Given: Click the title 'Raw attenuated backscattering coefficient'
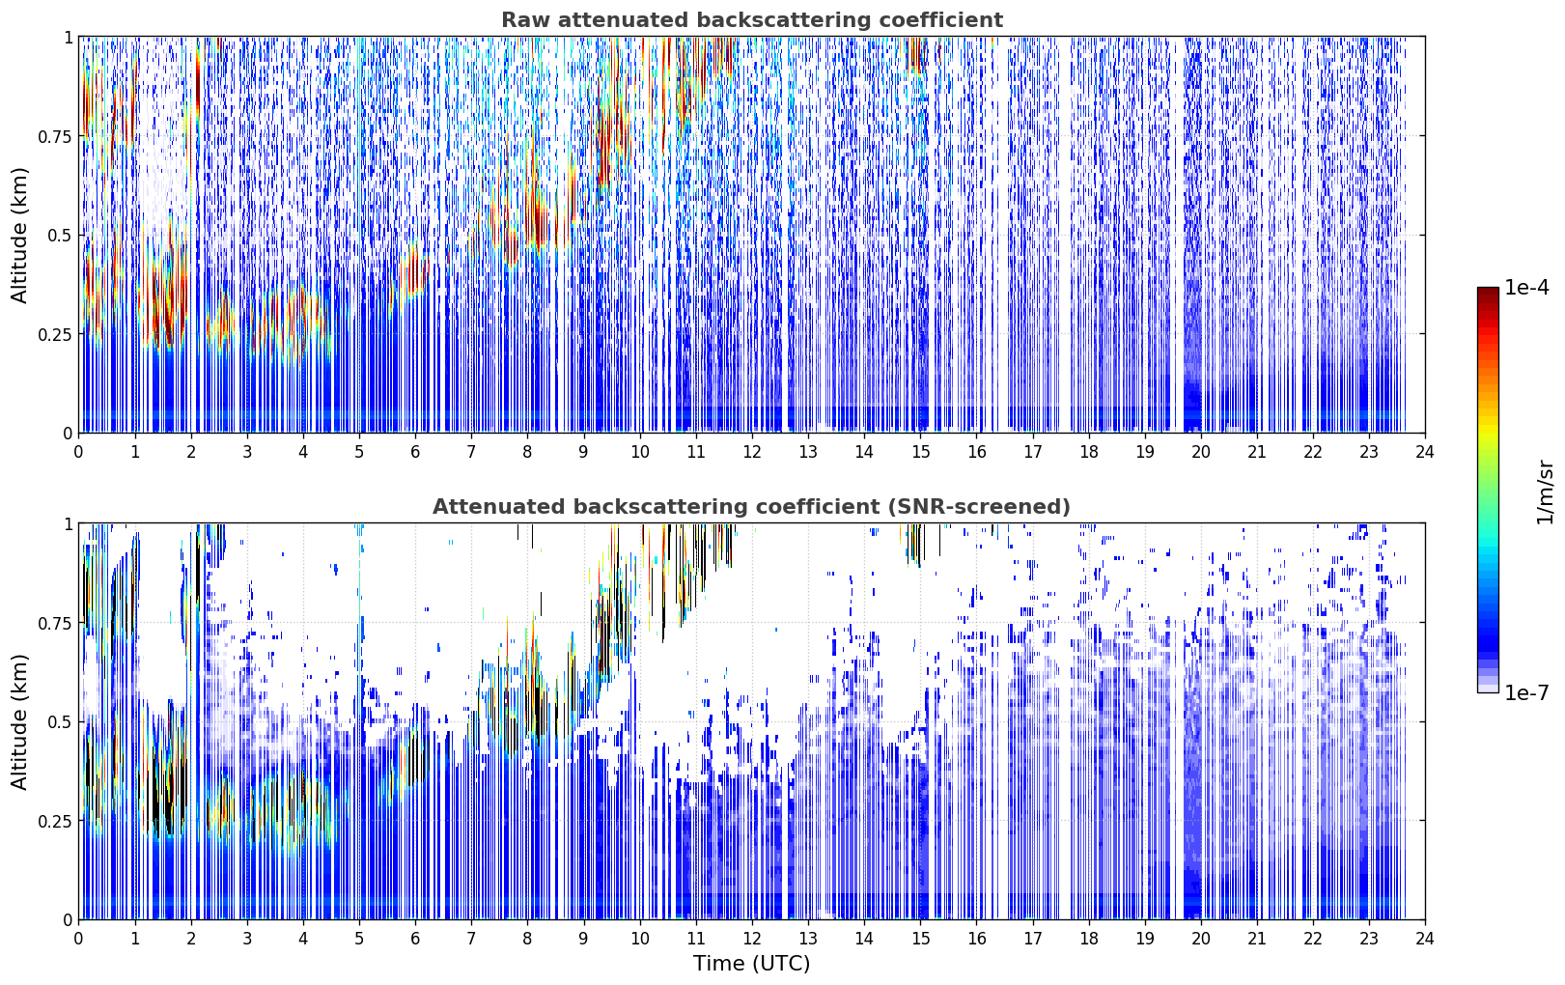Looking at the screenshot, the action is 752,19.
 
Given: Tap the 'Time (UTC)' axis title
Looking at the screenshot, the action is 752,964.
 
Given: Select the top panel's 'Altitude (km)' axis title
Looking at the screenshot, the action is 19,235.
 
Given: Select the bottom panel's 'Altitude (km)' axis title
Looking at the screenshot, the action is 19,721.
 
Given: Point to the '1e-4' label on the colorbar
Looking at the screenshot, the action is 1526,287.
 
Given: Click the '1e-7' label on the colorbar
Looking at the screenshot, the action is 1526,693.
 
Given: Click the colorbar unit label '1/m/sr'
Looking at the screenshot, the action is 1545,492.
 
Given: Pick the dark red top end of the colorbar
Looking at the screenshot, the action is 1488,291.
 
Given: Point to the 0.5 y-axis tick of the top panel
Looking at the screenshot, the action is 60,236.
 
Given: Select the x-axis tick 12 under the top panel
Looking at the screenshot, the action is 752,452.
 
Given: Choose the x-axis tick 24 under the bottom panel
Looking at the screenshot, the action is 1425,939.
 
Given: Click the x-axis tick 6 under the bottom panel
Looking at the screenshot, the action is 415,939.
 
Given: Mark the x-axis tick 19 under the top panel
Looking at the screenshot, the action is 1144,452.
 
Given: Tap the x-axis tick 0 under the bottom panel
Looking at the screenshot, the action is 78,939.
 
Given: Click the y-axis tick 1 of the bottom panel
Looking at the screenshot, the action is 68,524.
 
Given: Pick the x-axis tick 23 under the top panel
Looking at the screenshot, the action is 1369,452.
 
